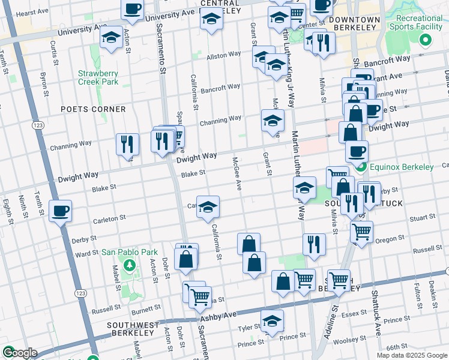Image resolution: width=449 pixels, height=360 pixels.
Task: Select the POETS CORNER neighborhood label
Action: click(93, 109)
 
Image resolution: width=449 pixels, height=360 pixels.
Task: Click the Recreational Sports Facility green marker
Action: click(426, 41)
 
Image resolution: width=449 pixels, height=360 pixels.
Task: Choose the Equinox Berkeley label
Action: click(402, 167)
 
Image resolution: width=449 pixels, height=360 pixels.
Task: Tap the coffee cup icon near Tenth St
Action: click(60, 211)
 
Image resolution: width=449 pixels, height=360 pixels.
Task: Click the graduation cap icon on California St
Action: click(208, 207)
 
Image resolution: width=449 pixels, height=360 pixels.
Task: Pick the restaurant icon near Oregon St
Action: click(314, 244)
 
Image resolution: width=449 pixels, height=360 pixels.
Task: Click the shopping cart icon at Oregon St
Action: click(362, 231)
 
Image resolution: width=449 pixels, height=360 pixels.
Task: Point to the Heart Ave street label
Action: click(32, 13)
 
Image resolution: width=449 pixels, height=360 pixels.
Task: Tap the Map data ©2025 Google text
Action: click(411, 355)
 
